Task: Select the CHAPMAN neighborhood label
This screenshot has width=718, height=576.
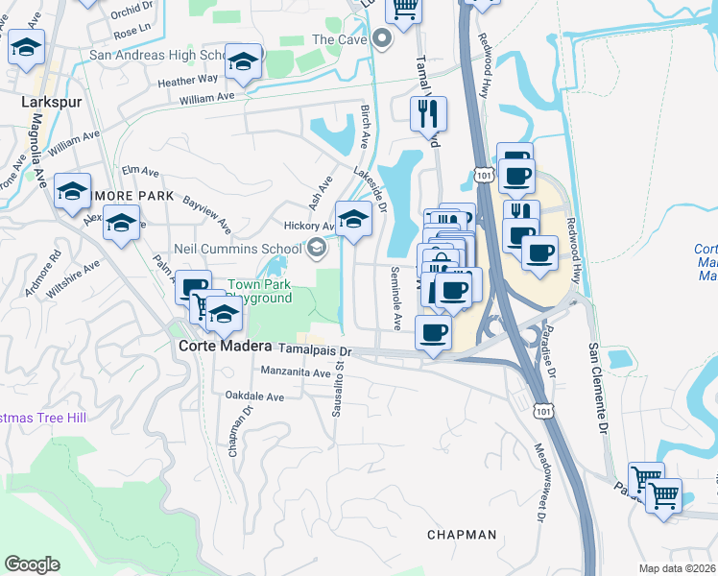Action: click(x=462, y=535)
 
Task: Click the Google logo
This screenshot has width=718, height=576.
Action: click(x=32, y=564)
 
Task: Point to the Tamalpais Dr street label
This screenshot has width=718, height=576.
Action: click(x=315, y=350)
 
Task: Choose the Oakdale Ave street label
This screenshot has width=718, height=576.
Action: click(x=254, y=396)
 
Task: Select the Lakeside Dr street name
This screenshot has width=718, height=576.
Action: click(x=370, y=190)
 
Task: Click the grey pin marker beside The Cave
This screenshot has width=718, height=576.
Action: click(x=381, y=39)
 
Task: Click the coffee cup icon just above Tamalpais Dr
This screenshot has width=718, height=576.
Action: click(x=432, y=332)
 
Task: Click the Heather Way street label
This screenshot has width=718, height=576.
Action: click(x=188, y=82)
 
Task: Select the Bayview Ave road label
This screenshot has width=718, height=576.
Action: click(x=207, y=217)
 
